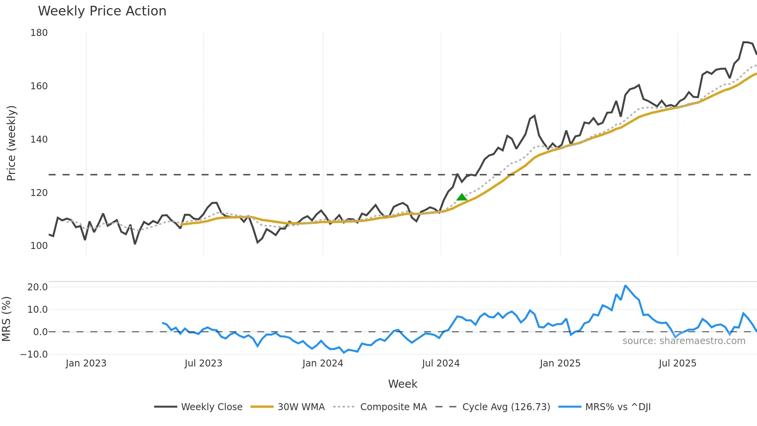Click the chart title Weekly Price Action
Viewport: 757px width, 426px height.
[102, 11]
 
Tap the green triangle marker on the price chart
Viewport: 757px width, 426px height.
[462, 197]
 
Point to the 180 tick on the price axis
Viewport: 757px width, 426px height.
[39, 33]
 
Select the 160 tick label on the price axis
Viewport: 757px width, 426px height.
[39, 86]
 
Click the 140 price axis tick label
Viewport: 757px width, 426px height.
[39, 140]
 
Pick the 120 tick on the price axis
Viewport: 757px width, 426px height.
[39, 193]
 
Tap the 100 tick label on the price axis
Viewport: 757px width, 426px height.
[39, 246]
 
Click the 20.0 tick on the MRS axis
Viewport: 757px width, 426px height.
[37, 287]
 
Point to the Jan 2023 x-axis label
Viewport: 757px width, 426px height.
[86, 363]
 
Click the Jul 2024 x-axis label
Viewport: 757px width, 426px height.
[441, 363]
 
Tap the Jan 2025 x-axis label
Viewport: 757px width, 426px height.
[560, 363]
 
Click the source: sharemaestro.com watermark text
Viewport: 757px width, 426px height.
[684, 341]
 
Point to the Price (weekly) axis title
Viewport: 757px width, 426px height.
[11, 143]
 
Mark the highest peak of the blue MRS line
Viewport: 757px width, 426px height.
[625, 286]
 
